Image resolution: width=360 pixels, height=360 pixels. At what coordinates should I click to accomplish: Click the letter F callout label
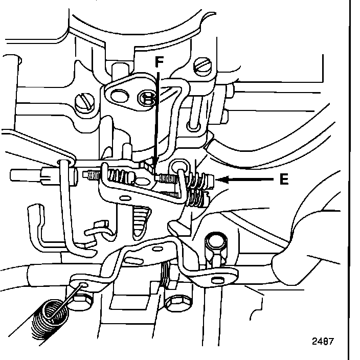(x=159, y=62)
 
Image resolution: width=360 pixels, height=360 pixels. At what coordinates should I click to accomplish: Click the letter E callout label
(x=284, y=179)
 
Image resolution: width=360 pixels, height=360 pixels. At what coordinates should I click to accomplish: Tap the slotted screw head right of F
(x=204, y=65)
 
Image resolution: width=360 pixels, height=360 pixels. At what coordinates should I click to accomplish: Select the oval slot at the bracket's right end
(x=218, y=280)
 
